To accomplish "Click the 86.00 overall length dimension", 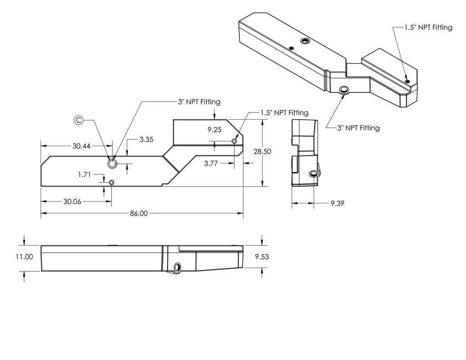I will [x=139, y=213].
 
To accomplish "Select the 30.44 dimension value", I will [x=81, y=146].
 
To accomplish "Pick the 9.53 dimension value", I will [x=262, y=257].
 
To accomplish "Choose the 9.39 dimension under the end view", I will [x=337, y=203].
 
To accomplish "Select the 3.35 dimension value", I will [x=146, y=140].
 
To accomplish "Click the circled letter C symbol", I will [x=79, y=120].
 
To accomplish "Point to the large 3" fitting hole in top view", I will [x=112, y=163].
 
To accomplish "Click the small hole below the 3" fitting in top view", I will [x=111, y=183].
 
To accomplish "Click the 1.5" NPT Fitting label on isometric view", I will [x=428, y=28].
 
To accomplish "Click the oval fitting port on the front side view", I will [x=177, y=267].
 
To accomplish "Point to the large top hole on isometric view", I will [x=305, y=41].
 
